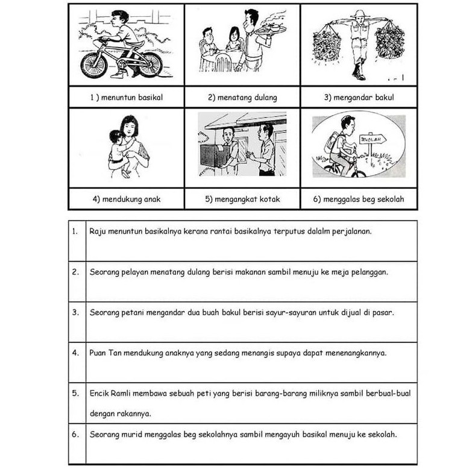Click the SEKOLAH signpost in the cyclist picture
click(373, 140)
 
